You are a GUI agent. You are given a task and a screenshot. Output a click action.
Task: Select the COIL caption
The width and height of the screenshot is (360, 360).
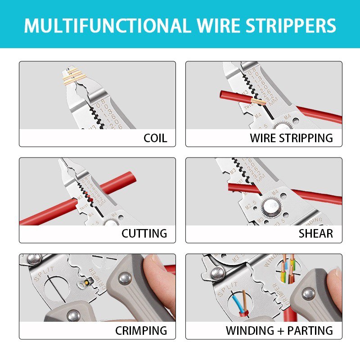[155, 138]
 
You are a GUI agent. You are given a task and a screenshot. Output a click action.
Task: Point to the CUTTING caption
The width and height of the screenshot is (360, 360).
[144, 234]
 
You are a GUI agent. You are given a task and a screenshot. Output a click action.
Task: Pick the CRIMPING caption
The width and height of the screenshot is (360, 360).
[141, 330]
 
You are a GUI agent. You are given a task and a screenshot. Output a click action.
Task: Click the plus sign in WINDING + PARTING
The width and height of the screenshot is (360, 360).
[279, 331]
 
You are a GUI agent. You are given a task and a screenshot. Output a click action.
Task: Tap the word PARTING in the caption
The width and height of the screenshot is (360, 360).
[310, 331]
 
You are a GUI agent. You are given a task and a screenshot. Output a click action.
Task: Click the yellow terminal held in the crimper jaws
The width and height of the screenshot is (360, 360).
[84, 283]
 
